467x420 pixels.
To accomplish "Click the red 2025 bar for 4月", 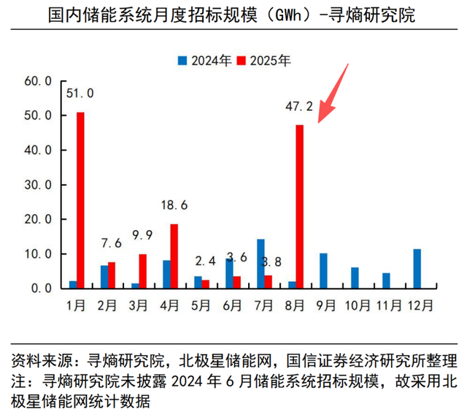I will point(174,256).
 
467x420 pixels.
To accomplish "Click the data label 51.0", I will point(80,93).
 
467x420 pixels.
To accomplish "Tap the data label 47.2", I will point(299,107).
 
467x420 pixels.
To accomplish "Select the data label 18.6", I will point(174,206).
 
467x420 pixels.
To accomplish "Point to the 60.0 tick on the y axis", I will point(37,80).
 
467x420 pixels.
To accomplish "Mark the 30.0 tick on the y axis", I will point(37,185).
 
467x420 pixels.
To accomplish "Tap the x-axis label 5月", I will point(201,303).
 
